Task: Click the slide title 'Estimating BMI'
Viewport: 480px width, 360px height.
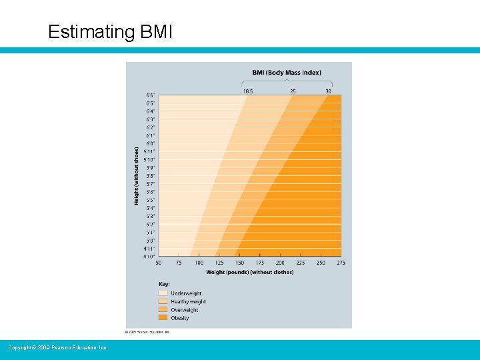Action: [110, 32]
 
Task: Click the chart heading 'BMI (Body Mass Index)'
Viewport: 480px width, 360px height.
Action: [286, 72]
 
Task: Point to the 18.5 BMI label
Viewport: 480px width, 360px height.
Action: [247, 91]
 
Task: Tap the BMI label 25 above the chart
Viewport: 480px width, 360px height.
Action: [293, 91]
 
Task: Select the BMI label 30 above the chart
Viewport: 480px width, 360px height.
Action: [328, 91]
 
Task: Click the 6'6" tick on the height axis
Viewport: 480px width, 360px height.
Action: [150, 95]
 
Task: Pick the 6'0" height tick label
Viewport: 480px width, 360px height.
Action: [150, 144]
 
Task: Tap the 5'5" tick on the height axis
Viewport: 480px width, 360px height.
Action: [150, 200]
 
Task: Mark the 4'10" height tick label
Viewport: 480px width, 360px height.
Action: [149, 257]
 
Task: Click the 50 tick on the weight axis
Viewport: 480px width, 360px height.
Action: [159, 263]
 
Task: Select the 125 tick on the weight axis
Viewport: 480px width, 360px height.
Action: [219, 263]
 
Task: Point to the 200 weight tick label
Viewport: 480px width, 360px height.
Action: [280, 263]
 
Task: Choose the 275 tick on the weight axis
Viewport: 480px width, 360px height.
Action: [341, 263]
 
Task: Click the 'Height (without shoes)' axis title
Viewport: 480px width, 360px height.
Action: [137, 175]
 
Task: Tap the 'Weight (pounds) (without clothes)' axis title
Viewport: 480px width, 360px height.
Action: [249, 272]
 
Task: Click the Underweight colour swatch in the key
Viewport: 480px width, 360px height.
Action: [163, 293]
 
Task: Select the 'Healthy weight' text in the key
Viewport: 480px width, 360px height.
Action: [188, 301]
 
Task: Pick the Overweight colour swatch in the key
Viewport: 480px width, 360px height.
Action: [163, 310]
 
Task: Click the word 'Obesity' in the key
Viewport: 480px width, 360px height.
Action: [179, 318]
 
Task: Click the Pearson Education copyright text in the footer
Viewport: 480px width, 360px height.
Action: [57, 347]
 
